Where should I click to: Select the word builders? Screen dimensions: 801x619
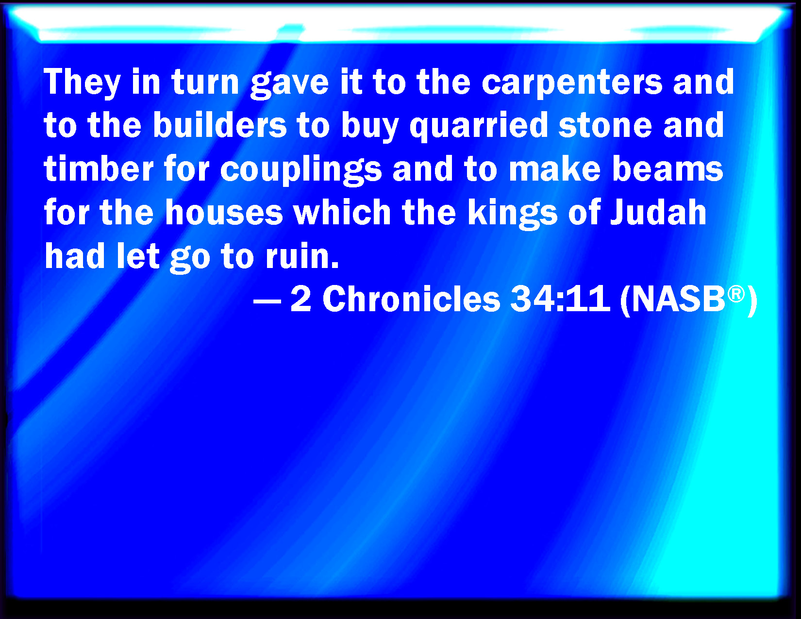coord(220,125)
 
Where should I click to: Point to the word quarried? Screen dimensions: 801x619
coord(479,126)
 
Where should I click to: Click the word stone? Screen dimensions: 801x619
coord(605,125)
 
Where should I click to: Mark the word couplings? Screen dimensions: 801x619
coord(301,170)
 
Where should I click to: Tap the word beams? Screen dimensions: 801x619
coord(667,168)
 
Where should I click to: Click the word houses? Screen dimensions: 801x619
coord(224,212)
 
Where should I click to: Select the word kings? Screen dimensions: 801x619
coord(512,214)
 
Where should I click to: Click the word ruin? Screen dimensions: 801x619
coord(302,256)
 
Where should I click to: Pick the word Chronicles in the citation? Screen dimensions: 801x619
coord(411,299)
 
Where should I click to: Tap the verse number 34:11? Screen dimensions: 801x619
coord(560,299)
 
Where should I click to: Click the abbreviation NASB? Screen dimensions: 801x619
coord(678,299)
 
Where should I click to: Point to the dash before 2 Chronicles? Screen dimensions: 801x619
coord(267,302)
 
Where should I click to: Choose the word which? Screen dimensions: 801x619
coord(342,212)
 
